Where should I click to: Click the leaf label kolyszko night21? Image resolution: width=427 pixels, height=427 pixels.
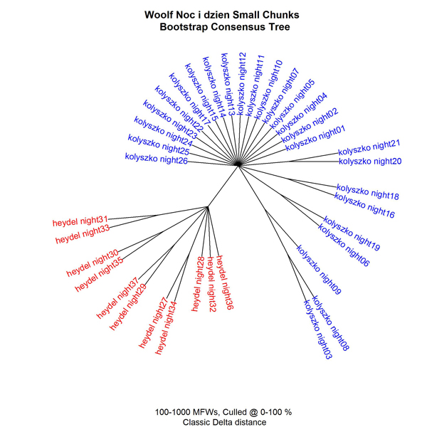pyautogui.click(x=369, y=147)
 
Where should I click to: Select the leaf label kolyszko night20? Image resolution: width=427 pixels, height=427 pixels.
pyautogui.click(x=370, y=161)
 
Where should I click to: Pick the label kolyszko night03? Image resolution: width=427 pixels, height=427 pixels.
pyautogui.click(x=317, y=328)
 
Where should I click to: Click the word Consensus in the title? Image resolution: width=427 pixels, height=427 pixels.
pyautogui.click(x=241, y=27)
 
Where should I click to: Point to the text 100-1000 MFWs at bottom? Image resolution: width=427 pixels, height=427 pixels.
pyautogui.click(x=186, y=412)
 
